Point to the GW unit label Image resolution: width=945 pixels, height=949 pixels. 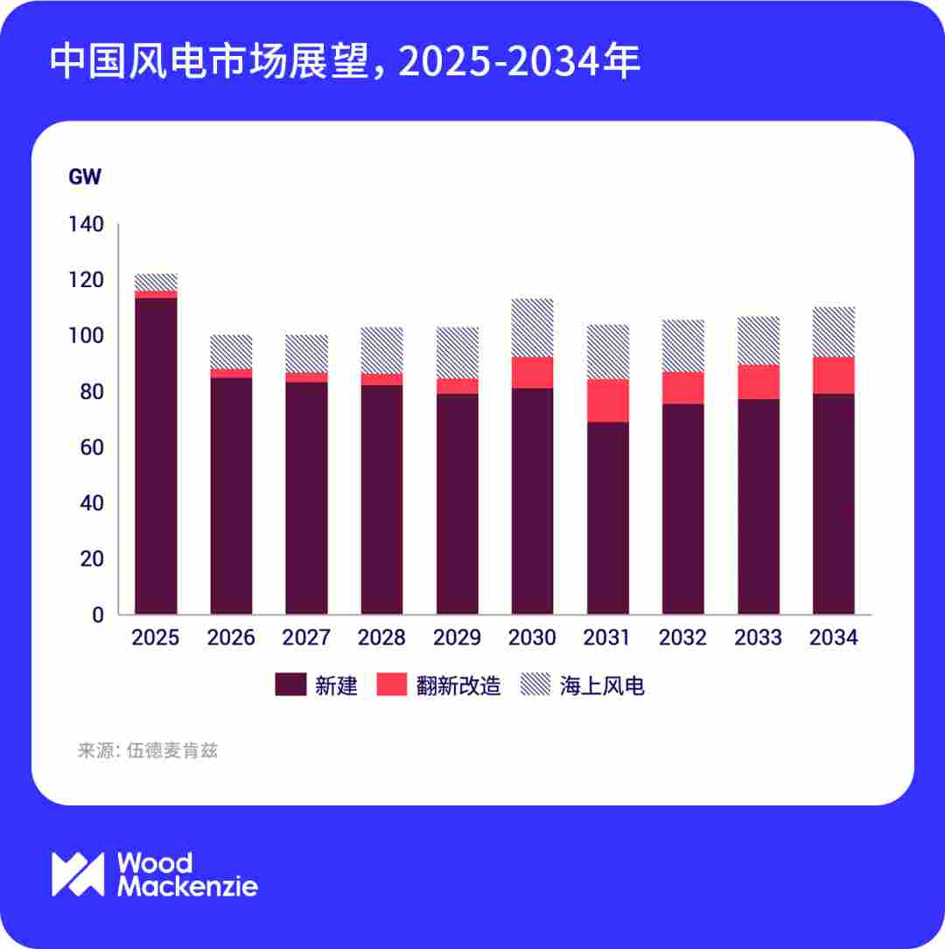(x=85, y=177)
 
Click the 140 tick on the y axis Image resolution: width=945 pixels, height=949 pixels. (x=86, y=225)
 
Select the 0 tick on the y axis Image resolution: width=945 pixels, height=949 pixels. (x=98, y=615)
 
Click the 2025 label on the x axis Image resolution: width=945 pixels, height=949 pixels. (x=155, y=637)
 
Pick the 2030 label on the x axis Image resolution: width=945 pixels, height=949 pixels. (x=532, y=637)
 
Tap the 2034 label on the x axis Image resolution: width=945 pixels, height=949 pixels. (x=833, y=637)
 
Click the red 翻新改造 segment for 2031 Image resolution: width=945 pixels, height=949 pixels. (x=607, y=400)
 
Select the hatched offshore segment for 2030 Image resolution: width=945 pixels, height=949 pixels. (x=532, y=327)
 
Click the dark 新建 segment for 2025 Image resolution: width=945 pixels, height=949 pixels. (x=155, y=455)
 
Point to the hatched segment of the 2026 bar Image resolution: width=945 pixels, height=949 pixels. (x=231, y=351)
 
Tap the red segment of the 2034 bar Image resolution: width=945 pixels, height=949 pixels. (x=833, y=375)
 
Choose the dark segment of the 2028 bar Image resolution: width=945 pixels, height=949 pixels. (x=381, y=499)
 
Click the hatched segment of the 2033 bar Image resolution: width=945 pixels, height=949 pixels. (x=758, y=341)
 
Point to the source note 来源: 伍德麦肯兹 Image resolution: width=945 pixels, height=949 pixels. (x=147, y=750)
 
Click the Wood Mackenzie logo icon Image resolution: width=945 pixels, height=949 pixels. (x=78, y=874)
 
